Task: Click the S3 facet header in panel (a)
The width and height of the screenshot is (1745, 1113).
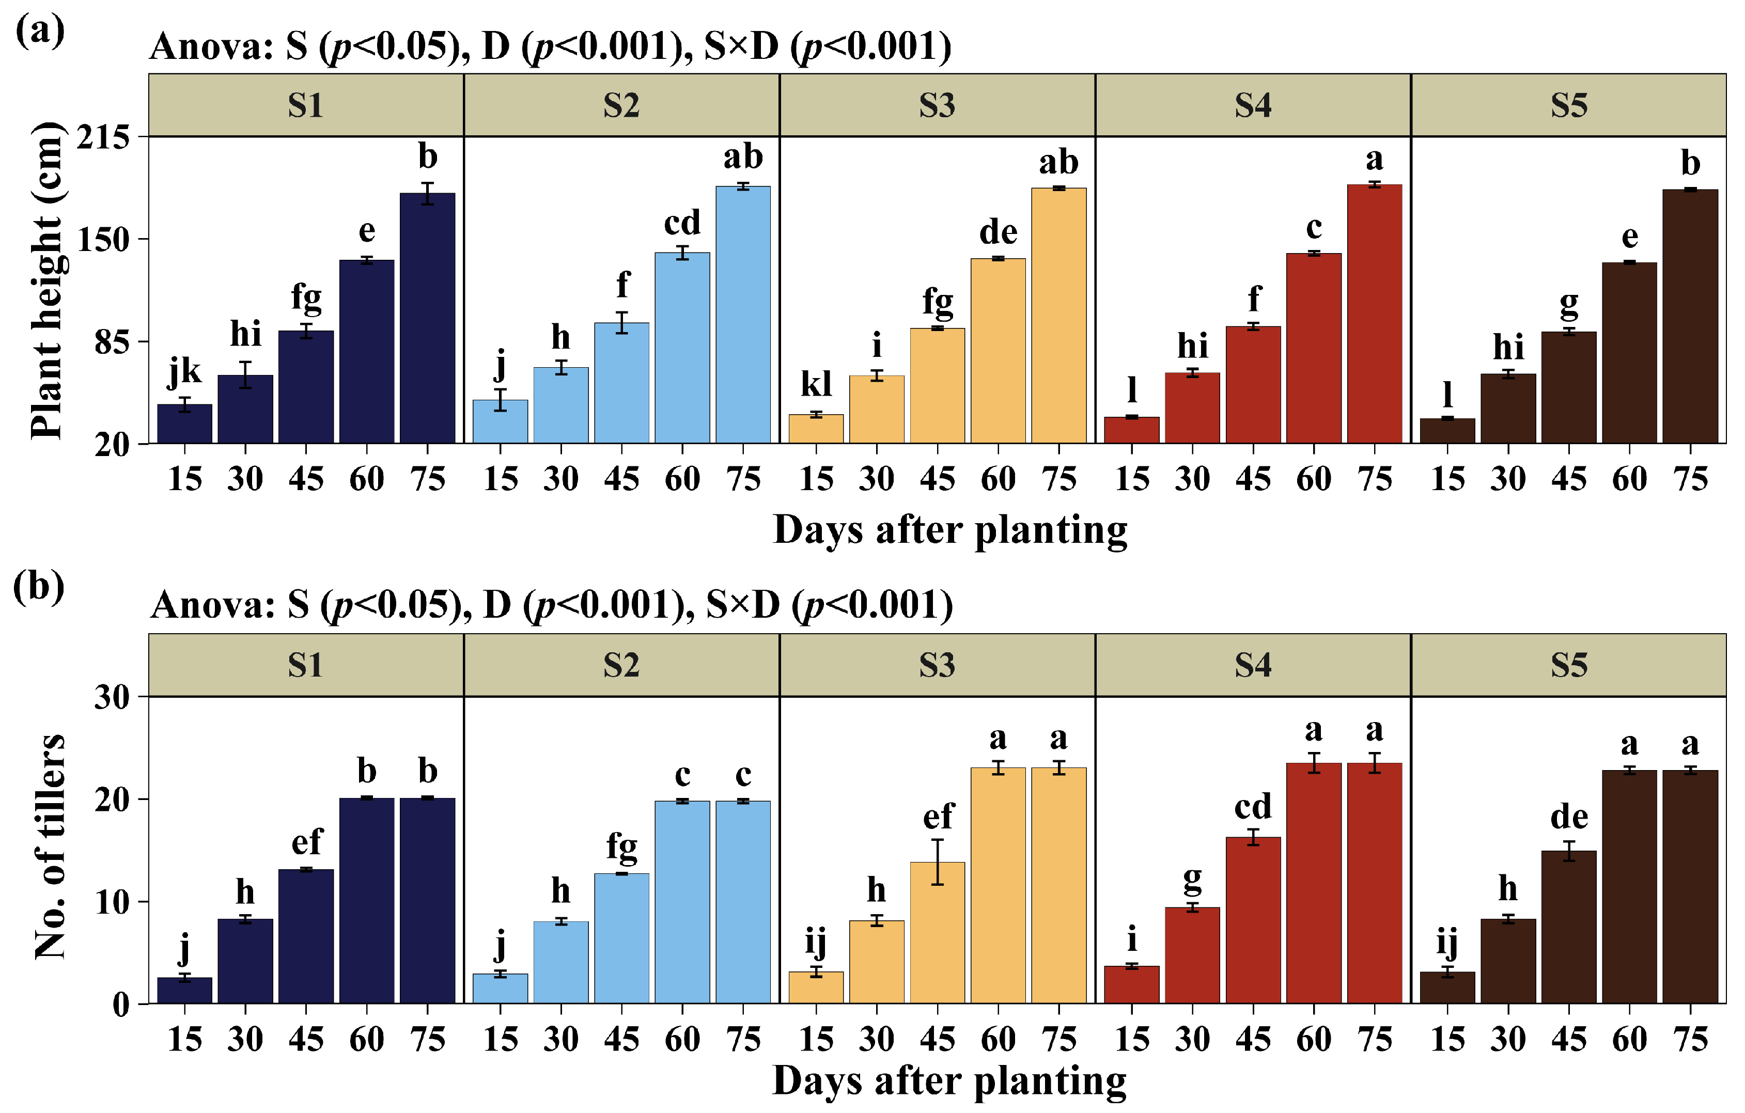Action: click(937, 105)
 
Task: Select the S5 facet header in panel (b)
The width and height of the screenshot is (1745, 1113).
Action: click(1569, 665)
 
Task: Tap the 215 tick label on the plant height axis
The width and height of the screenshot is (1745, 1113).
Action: click(103, 136)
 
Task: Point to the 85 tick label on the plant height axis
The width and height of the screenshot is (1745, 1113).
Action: click(112, 341)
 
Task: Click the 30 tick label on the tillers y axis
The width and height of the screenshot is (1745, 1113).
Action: click(112, 697)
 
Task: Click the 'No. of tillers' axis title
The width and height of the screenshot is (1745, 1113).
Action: click(49, 846)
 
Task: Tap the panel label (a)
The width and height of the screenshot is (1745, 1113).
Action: click(40, 30)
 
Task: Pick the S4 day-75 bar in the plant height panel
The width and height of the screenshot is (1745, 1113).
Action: click(1375, 313)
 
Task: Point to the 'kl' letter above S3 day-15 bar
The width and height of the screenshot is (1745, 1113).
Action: click(816, 384)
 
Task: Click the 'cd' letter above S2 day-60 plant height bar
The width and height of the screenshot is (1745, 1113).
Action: click(682, 223)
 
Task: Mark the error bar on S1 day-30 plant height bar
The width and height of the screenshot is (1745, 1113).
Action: click(246, 374)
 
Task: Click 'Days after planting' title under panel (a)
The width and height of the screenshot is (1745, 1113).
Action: click(950, 530)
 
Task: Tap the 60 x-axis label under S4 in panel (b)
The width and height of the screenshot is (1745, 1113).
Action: click(1314, 1039)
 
